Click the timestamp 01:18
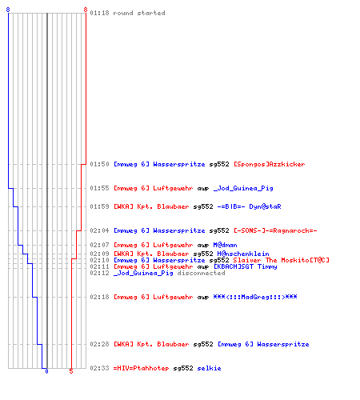coord(99,13)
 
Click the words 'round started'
coord(139,13)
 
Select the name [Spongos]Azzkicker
coord(270,164)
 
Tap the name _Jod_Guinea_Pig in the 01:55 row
coord(243,188)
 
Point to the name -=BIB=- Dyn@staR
coord(249,206)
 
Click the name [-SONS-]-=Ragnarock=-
coord(275,230)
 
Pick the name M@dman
coord(225,245)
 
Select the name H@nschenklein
coord(243,254)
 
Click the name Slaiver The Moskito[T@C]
coord(282,260)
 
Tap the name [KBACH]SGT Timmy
coord(246,266)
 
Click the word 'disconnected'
coord(201,273)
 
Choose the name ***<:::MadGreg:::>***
coord(255,297)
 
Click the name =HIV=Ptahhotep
coord(141,368)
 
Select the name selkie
coord(209,368)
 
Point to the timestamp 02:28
coord(99,344)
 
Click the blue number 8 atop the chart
coord(8,10)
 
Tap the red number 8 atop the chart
coord(86,10)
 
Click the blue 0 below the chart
coord(46,371)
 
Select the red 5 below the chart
coord(71,371)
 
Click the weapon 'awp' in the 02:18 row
coord(203,297)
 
